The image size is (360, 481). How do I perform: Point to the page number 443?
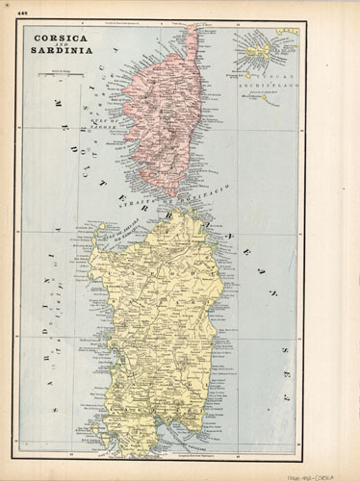[12, 13]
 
